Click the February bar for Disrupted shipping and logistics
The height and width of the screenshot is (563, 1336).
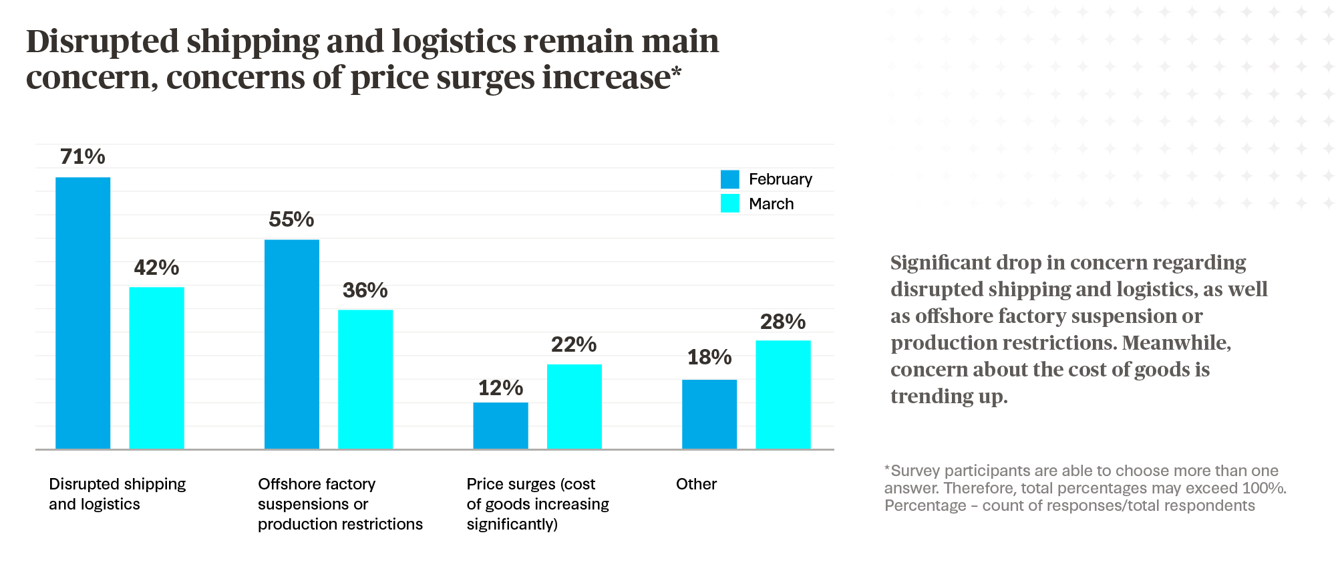point(83,313)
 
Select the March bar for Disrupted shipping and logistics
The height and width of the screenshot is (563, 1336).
point(156,368)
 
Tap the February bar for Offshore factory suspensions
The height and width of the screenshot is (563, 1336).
point(292,344)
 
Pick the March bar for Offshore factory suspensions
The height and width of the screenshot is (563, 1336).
point(365,379)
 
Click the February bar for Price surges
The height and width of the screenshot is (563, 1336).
point(500,425)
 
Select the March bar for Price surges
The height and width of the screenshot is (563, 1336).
point(574,407)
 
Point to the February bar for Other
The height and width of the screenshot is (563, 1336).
point(709,414)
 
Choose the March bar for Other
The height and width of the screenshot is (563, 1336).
point(783,395)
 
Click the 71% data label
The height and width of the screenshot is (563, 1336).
point(83,156)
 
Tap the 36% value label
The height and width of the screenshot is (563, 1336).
point(365,290)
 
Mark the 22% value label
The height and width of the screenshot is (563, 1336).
point(574,344)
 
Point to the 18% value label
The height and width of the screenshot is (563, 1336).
point(709,357)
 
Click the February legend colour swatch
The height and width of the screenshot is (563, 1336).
point(730,179)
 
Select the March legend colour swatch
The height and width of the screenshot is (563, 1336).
point(730,203)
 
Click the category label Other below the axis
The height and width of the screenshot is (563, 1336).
point(696,484)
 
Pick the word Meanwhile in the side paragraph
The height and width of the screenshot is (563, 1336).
point(1176,342)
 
